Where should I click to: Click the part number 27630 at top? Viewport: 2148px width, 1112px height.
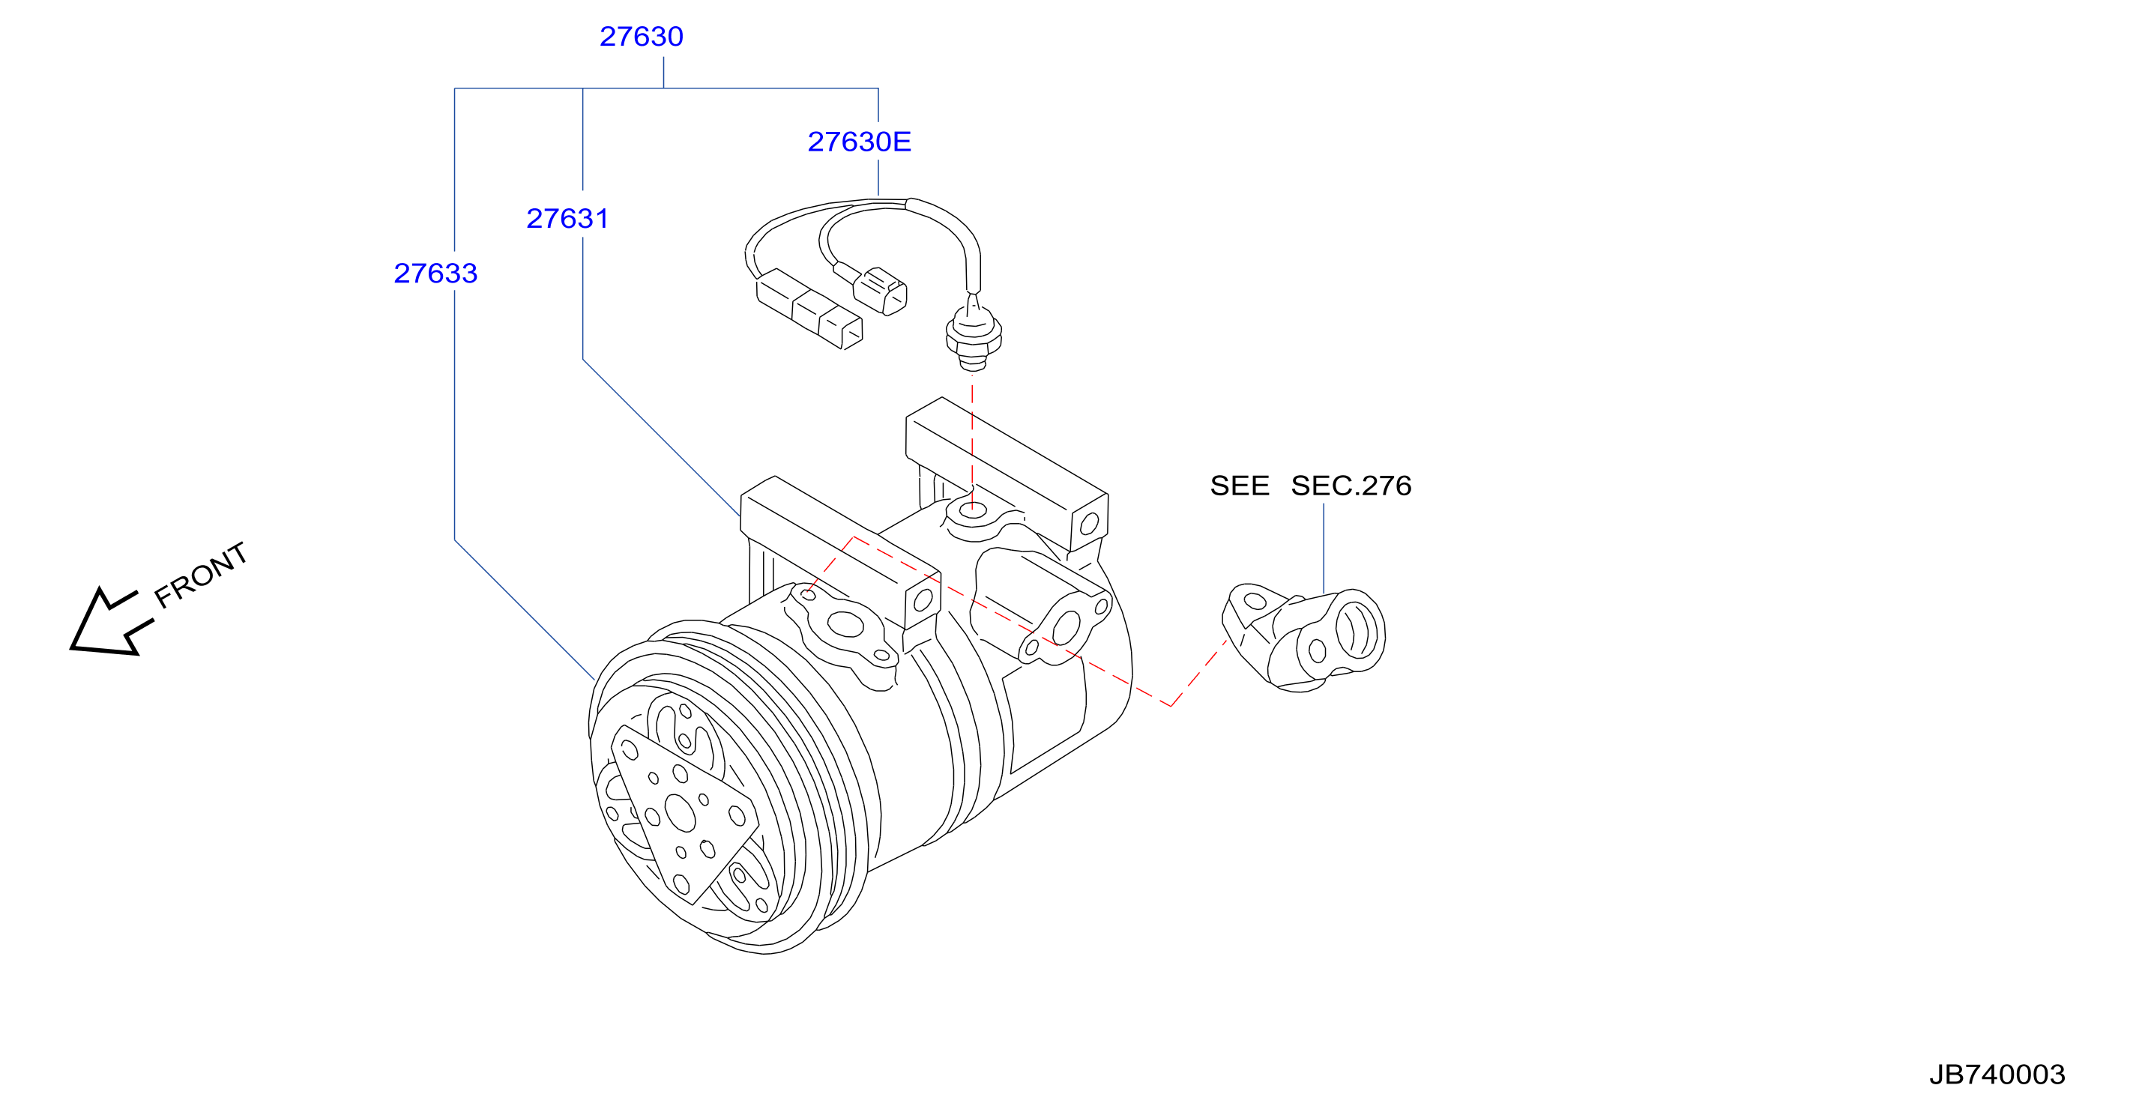pos(642,37)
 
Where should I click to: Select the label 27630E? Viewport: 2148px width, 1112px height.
pos(859,142)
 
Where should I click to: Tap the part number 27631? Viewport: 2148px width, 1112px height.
pos(567,218)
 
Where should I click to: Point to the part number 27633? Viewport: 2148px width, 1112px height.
pos(435,274)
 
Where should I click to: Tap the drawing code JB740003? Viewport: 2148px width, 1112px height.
pos(1997,1075)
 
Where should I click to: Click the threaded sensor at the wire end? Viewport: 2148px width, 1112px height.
pos(973,332)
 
